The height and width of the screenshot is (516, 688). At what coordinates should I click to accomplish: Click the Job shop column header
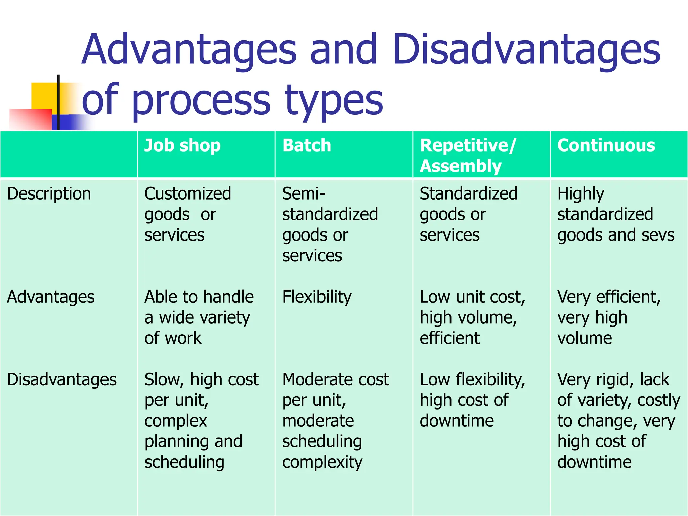pyautogui.click(x=182, y=146)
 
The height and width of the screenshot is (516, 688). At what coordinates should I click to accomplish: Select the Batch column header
pyautogui.click(x=306, y=146)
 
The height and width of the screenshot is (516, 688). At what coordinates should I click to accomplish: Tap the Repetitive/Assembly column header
pyautogui.click(x=467, y=156)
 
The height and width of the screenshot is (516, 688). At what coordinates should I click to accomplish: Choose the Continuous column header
pyautogui.click(x=606, y=146)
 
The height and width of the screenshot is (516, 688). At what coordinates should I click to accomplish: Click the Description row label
pyautogui.click(x=49, y=194)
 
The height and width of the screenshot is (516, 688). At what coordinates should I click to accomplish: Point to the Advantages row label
pyautogui.click(x=51, y=297)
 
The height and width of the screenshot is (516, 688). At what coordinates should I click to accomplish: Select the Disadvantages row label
pyautogui.click(x=62, y=380)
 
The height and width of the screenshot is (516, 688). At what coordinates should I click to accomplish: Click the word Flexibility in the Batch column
pyautogui.click(x=317, y=297)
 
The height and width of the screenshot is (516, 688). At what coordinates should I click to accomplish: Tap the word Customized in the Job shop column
pyautogui.click(x=188, y=194)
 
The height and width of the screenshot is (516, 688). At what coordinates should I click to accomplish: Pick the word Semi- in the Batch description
pyautogui.click(x=303, y=194)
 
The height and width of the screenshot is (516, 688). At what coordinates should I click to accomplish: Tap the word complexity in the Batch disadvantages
pyautogui.click(x=322, y=463)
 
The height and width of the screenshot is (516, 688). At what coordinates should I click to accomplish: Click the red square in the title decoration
pyautogui.click(x=30, y=119)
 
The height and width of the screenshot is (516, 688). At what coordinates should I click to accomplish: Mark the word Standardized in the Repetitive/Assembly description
pyautogui.click(x=468, y=194)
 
